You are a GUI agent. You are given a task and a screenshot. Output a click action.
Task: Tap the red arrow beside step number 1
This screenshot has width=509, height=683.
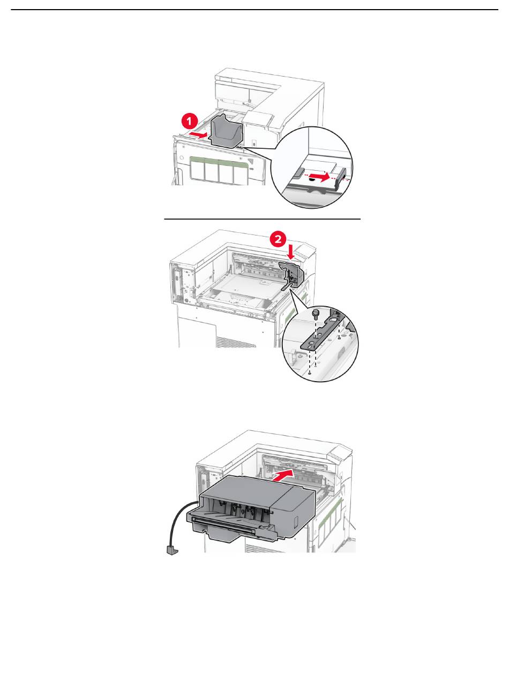tap(198, 135)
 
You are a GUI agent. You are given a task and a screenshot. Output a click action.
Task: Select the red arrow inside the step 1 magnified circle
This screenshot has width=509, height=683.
tap(320, 175)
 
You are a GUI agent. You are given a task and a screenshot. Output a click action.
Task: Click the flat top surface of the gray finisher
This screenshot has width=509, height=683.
tap(252, 485)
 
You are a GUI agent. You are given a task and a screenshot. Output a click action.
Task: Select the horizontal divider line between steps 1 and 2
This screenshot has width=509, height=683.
tap(262, 219)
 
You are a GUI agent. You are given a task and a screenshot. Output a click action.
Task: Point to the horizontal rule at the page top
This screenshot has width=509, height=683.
tap(254, 10)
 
